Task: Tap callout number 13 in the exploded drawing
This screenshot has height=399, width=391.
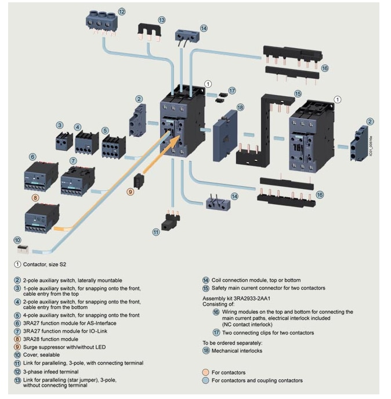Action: [161, 20]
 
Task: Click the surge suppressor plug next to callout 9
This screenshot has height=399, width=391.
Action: [138, 180]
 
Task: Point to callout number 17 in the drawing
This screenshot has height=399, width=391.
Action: [232, 91]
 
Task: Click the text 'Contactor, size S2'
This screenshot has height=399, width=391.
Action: [50, 264]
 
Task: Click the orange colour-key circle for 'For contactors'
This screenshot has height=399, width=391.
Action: [206, 371]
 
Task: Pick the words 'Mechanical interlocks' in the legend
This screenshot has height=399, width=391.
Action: [237, 351]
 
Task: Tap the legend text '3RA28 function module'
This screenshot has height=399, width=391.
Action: [50, 339]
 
